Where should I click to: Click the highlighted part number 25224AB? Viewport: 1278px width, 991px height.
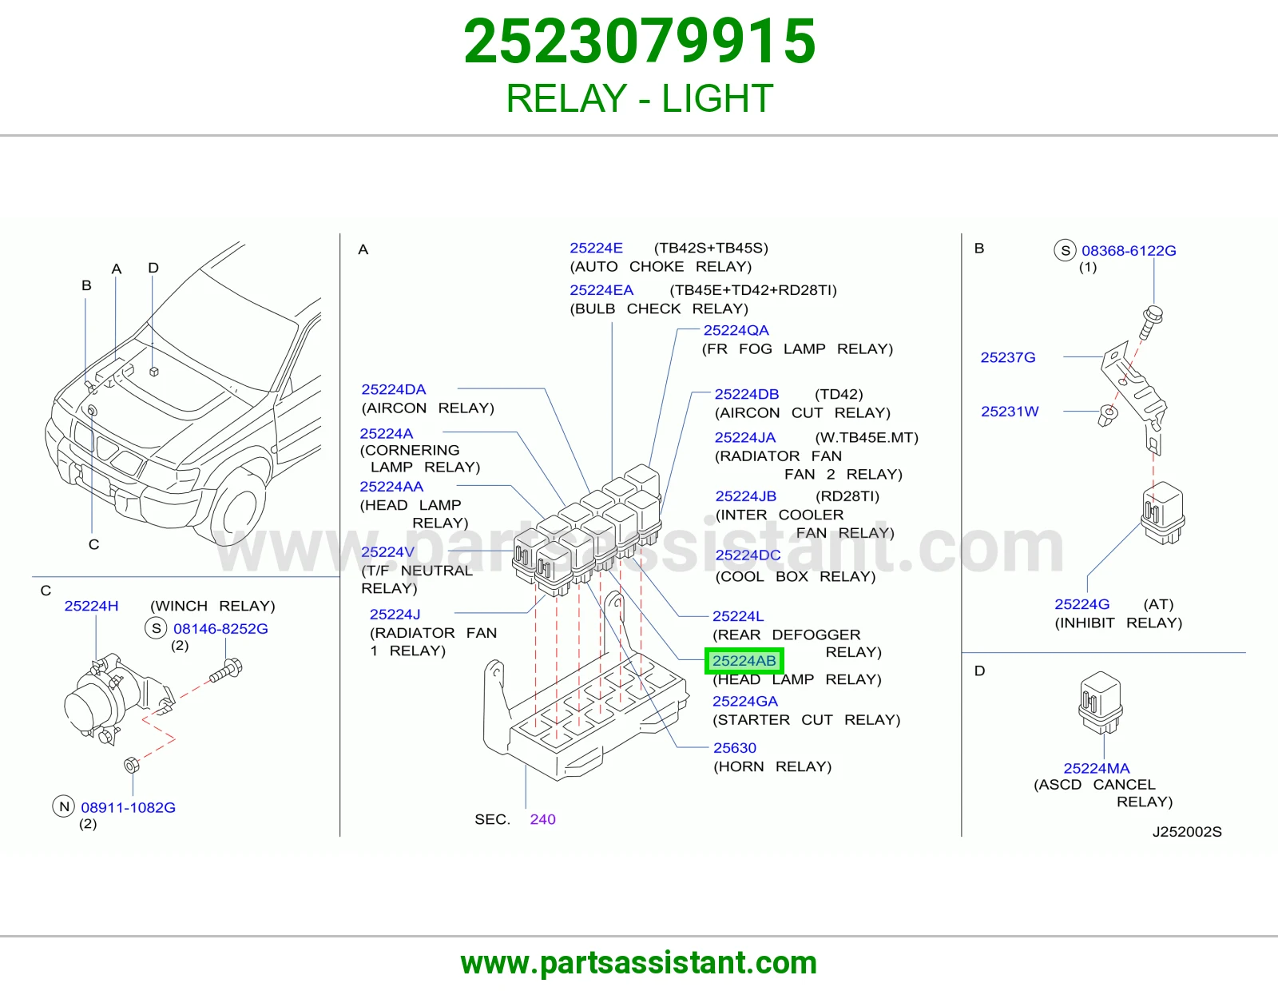coord(744,661)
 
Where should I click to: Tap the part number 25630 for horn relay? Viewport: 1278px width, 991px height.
coord(735,748)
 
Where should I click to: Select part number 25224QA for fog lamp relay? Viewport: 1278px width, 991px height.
coord(736,330)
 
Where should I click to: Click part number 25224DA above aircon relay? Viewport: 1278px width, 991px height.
coord(394,389)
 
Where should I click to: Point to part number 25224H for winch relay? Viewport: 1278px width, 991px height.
coord(91,606)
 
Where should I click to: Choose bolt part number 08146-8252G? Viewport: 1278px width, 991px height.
coord(220,628)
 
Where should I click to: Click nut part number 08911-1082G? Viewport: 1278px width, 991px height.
coord(129,807)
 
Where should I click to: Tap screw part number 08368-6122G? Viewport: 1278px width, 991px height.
coord(1129,251)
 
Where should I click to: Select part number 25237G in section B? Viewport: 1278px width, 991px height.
coord(1008,357)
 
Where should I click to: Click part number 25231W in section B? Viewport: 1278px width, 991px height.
coord(1010,412)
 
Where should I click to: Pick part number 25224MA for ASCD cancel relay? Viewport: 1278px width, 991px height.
coord(1097,768)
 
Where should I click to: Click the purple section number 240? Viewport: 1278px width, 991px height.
coord(543,819)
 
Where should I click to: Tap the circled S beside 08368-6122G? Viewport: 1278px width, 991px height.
coord(1065,250)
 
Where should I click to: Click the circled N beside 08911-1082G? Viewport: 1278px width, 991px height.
coord(64,806)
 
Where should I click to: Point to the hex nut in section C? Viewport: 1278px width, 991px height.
coord(132,765)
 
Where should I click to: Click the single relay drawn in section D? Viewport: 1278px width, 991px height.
coord(1101,702)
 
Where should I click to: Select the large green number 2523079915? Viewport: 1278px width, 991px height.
coord(639,42)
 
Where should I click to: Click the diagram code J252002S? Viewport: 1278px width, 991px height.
coord(1187,831)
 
